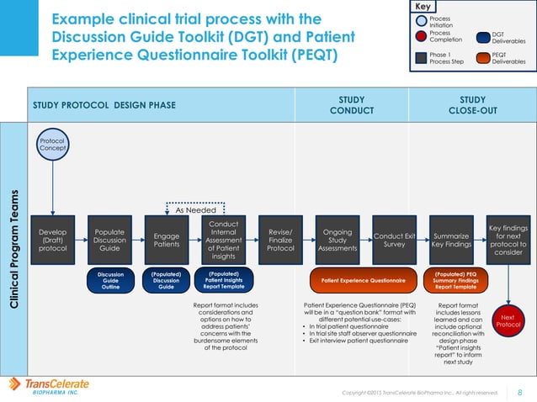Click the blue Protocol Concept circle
click(52, 144)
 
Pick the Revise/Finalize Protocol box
click(280, 238)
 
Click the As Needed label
click(196, 211)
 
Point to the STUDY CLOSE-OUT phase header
click(472, 105)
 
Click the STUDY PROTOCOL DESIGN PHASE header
click(104, 105)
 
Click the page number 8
click(518, 390)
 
